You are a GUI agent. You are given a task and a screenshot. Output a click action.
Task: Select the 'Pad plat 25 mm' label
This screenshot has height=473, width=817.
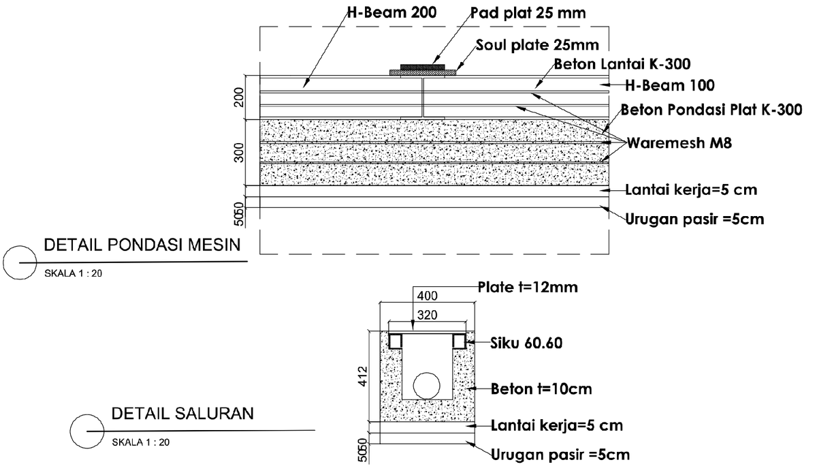click(x=528, y=13)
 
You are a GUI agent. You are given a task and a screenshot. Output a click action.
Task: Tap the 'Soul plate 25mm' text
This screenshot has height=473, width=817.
click(x=537, y=46)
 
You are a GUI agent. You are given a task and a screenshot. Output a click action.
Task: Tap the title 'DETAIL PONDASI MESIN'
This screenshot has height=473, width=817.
click(x=142, y=245)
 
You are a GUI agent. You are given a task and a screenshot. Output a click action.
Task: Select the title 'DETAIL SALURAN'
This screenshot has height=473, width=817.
click(x=182, y=413)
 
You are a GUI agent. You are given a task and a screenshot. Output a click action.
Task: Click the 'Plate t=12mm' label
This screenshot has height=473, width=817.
click(x=528, y=287)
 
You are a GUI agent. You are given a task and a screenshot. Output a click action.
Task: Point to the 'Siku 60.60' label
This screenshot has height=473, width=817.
click(x=526, y=343)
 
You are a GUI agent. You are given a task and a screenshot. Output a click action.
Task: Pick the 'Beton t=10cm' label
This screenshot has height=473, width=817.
click(x=541, y=390)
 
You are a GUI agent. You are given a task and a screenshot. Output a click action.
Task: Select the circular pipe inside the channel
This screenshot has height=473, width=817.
click(x=428, y=385)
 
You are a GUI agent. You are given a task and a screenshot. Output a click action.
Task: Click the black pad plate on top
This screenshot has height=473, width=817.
click(x=417, y=67)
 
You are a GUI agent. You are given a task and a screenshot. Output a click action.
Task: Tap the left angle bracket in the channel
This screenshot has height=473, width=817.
click(x=396, y=340)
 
